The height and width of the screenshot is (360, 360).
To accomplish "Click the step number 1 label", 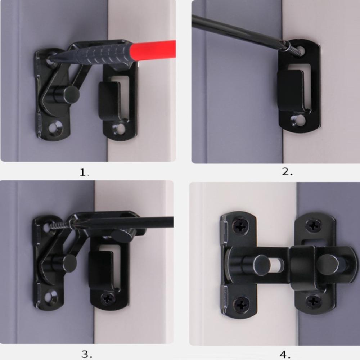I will (x=84, y=172).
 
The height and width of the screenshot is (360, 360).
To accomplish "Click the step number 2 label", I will (x=287, y=172).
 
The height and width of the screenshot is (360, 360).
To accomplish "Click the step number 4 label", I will (x=285, y=354).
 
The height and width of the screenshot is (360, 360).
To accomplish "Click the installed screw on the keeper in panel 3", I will (x=108, y=298).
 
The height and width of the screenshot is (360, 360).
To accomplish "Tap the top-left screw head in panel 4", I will (x=240, y=227).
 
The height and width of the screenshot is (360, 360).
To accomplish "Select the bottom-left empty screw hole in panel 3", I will (x=50, y=297).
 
